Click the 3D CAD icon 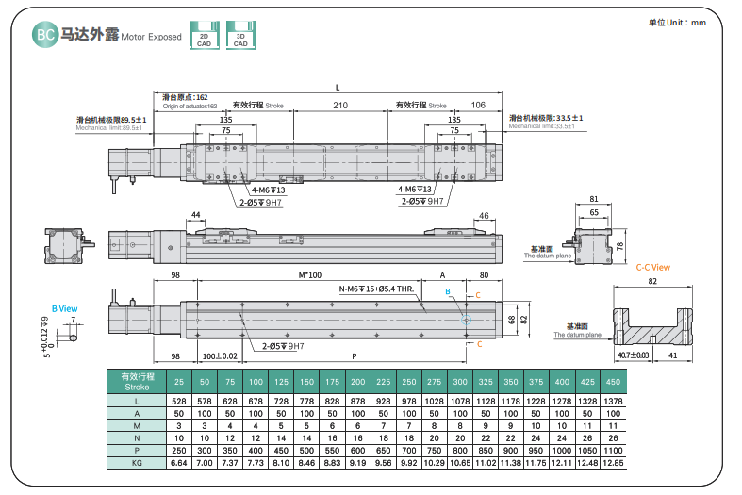(240, 35)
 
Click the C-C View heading (652, 267)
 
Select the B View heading (64, 307)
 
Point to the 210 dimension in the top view (340, 105)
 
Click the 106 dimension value (478, 105)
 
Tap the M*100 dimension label (310, 274)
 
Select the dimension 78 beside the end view (619, 245)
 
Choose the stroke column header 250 (408, 381)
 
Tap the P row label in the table (137, 452)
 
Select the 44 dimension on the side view (195, 216)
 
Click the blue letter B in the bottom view (448, 292)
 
